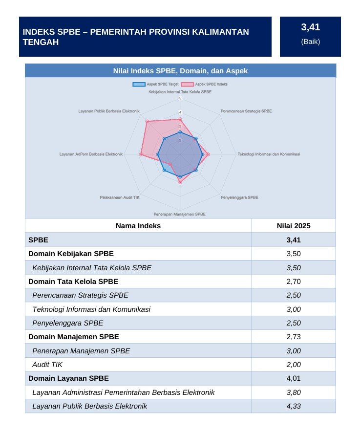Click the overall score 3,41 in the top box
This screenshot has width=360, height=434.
310,27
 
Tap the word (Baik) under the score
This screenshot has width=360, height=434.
311,42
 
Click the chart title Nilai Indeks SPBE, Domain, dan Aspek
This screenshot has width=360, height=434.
180,71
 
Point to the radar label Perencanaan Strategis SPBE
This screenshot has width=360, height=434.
246,111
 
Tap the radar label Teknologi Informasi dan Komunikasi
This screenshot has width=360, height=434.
269,154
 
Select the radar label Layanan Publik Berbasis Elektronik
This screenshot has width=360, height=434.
109,111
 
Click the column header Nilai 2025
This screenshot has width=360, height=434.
294,226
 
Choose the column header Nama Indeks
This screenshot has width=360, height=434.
138,226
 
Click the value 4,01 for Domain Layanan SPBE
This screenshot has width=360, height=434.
294,378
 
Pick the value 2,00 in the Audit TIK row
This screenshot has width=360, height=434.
294,365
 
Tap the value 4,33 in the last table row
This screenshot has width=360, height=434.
294,406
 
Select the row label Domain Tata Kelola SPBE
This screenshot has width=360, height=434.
73,282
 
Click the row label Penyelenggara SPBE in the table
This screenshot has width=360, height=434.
67,323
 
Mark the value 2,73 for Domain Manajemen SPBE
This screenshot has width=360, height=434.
294,337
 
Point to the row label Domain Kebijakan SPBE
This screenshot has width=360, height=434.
71,254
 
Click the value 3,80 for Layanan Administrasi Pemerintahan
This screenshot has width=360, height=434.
294,392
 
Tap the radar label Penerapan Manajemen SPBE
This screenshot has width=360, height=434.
180,214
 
